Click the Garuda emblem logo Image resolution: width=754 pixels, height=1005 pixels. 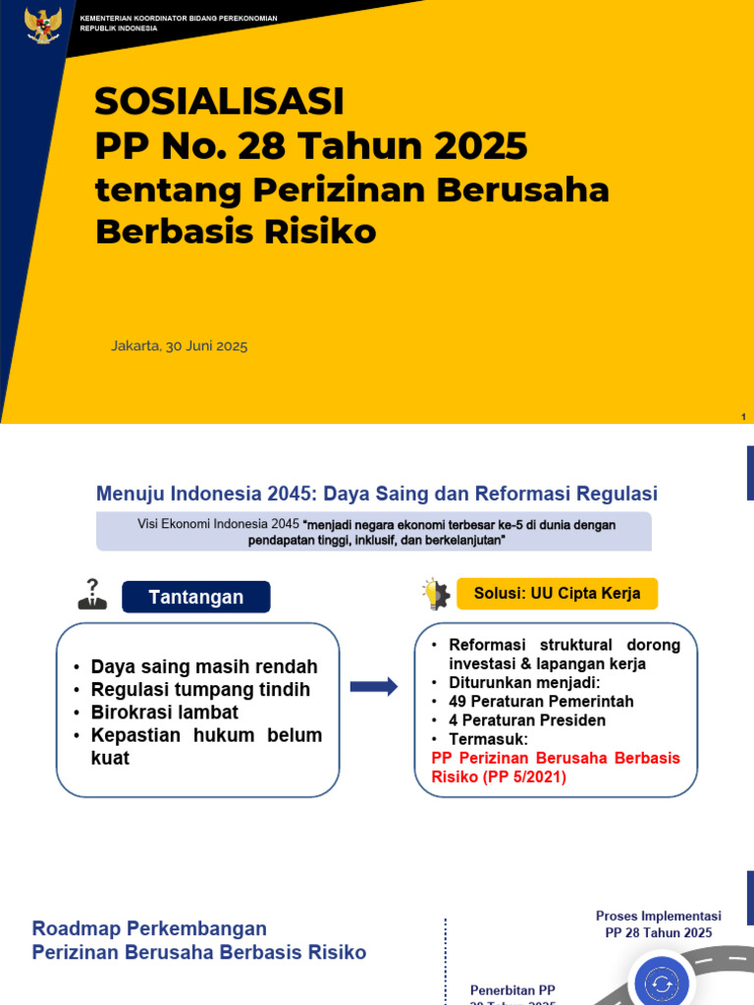click(43, 25)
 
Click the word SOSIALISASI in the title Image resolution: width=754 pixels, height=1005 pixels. click(220, 101)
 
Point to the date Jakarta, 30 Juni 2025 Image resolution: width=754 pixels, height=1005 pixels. click(179, 345)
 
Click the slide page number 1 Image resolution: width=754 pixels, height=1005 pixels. click(744, 417)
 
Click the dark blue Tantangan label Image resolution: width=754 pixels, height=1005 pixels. click(195, 597)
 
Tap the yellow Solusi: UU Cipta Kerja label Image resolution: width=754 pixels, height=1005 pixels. click(557, 594)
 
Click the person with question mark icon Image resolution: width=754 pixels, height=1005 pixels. click(92, 595)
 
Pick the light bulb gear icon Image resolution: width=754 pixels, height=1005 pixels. click(435, 594)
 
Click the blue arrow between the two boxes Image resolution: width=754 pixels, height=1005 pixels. click(374, 687)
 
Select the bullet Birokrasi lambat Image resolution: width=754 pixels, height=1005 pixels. click(164, 713)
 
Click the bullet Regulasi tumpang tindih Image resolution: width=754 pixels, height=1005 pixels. click(200, 690)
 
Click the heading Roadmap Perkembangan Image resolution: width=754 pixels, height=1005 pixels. click(149, 928)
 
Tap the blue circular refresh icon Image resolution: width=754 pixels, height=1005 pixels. click(662, 982)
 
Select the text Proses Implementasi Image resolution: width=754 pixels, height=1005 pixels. click(658, 916)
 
